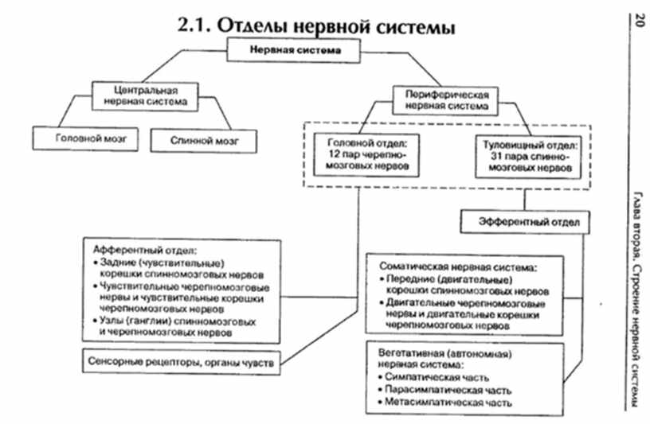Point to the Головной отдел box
(x=362, y=158)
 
